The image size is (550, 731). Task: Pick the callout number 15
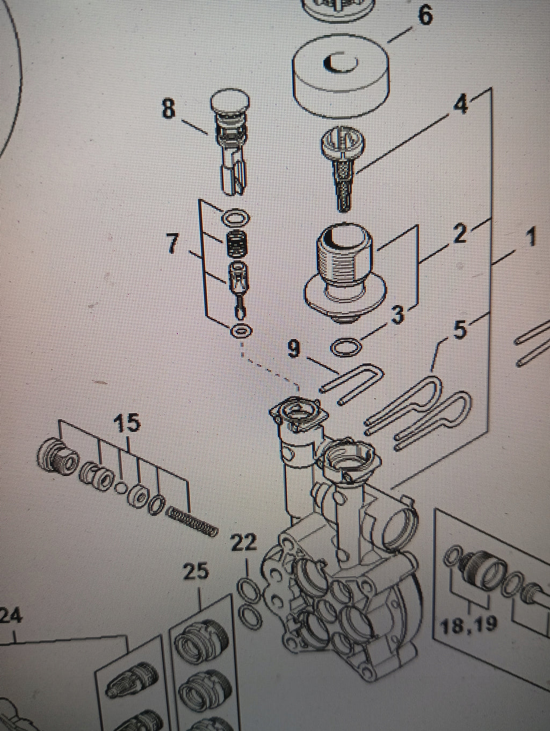click(127, 423)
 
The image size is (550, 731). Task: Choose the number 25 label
click(197, 571)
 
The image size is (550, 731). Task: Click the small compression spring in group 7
click(236, 243)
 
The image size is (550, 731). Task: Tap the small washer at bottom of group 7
click(242, 331)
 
